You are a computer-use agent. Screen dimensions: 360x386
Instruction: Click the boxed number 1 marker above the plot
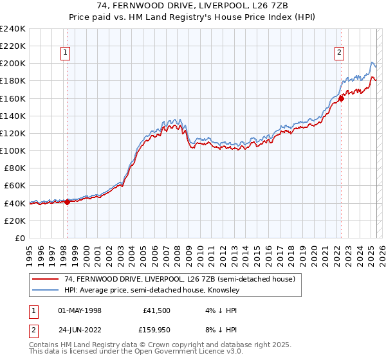click(x=66, y=53)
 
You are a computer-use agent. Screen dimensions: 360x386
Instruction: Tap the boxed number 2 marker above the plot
click(x=339, y=53)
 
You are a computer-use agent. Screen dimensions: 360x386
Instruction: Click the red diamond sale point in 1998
click(x=67, y=202)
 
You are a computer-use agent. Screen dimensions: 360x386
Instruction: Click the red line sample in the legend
click(x=46, y=280)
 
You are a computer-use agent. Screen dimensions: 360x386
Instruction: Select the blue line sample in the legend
click(x=46, y=290)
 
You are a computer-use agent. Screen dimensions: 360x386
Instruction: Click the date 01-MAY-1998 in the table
click(x=80, y=310)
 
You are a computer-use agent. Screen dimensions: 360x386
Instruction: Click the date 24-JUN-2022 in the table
click(x=80, y=330)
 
